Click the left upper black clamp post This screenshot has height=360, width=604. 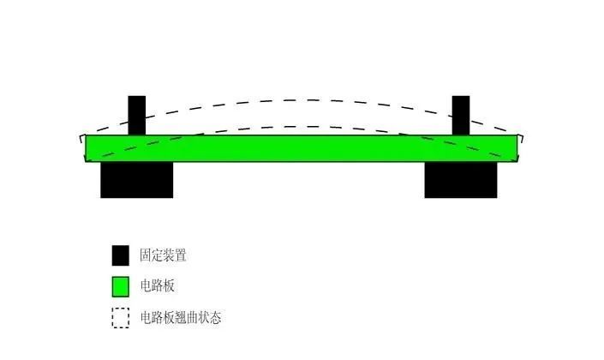pos(137,114)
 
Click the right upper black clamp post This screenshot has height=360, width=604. pos(461,114)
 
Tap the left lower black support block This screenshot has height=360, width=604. pos(137,180)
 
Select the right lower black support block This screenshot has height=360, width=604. pos(461,180)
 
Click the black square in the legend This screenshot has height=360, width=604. pos(120,255)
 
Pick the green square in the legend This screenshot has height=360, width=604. pos(120,286)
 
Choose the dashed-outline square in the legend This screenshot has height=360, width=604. pos(120,318)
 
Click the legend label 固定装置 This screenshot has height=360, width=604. pos(164,255)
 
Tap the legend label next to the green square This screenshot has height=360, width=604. pos(158,286)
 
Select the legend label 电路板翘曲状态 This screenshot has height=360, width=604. pos(181,318)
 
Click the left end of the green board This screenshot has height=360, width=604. pos(87,147)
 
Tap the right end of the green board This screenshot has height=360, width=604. pos(517,147)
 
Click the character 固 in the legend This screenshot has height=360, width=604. pos(147,255)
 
